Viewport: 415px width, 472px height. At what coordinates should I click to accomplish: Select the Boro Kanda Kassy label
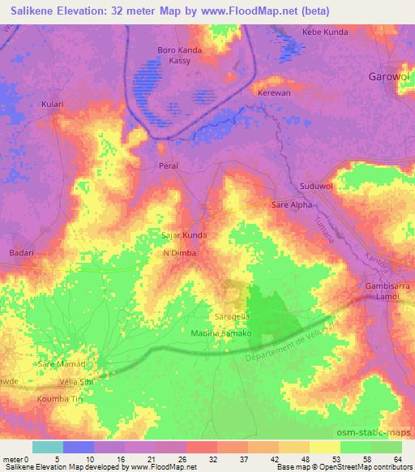[x=179, y=55]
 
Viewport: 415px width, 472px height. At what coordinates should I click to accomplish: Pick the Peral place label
[x=168, y=165]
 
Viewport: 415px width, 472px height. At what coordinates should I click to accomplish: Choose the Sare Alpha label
[x=292, y=206]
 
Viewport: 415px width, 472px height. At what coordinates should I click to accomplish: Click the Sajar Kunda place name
[x=184, y=235]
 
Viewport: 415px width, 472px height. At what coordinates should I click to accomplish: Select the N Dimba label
[x=180, y=253]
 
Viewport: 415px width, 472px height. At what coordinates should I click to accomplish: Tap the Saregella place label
[x=231, y=320]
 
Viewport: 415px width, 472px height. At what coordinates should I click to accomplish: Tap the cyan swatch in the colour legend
[x=47, y=447]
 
